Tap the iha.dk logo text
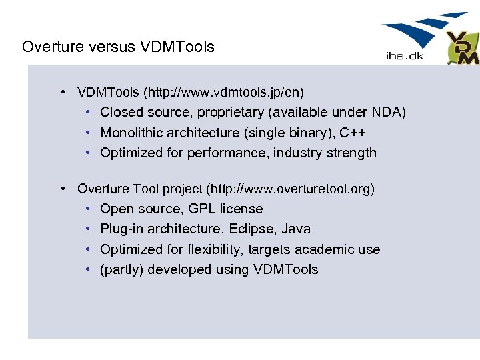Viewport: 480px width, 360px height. point(405,56)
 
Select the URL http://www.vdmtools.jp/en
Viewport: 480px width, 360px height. point(223,91)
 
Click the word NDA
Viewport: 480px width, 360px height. point(387,112)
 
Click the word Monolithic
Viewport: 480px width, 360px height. point(130,133)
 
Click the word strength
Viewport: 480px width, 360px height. point(352,153)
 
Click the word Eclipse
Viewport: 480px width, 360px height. point(251,229)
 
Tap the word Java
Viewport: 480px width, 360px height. point(296,229)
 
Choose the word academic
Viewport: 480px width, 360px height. point(326,249)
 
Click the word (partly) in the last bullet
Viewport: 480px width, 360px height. point(122,270)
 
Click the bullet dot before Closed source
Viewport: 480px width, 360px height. point(89,112)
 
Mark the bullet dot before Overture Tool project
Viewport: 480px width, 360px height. point(62,189)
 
